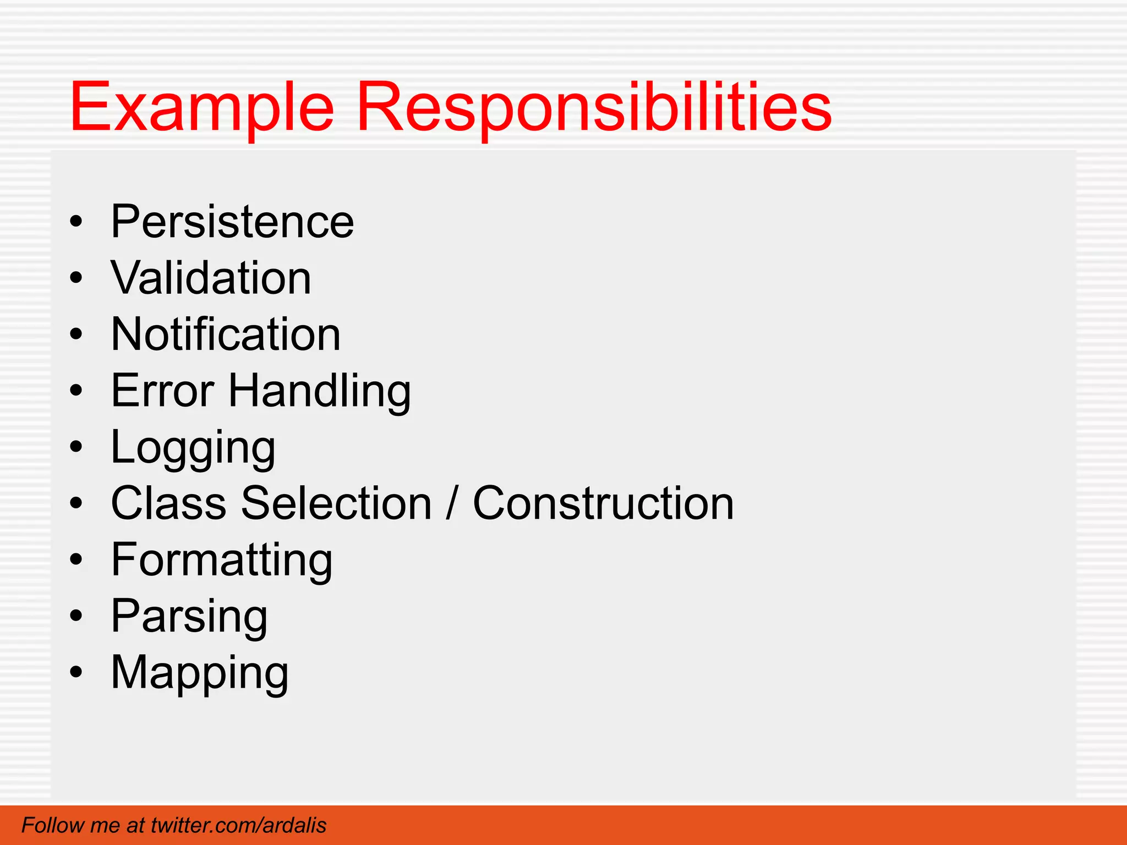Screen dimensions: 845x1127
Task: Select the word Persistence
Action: [232, 222]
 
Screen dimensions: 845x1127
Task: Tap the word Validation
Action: [211, 278]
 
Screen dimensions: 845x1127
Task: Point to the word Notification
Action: [226, 334]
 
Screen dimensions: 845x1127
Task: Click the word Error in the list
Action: [162, 391]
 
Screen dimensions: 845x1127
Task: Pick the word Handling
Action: [320, 392]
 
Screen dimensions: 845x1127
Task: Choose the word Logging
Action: [193, 448]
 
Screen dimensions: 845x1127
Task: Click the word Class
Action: [168, 503]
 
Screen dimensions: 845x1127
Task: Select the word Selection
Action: [336, 503]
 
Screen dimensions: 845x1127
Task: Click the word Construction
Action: [603, 503]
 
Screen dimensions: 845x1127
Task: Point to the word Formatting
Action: [222, 561]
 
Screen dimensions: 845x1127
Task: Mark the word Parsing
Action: [189, 617]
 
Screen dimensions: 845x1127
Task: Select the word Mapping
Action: [200, 673]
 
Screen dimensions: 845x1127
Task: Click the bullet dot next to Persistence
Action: [76, 222]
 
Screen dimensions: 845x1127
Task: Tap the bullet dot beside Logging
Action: [76, 448]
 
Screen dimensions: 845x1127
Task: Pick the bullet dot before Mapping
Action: [76, 673]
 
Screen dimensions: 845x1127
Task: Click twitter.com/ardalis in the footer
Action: [238, 825]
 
